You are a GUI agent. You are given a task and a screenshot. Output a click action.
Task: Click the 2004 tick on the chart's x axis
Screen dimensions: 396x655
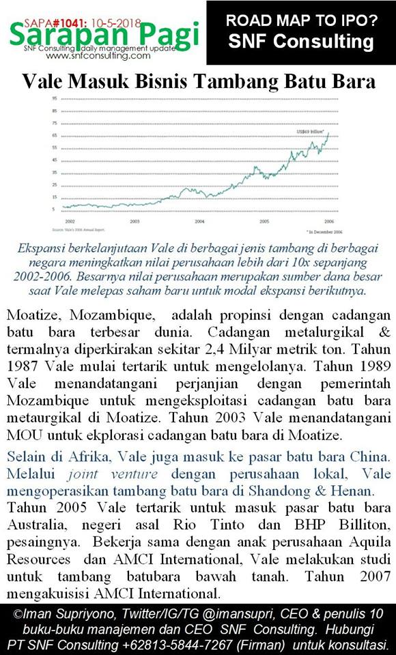(199, 222)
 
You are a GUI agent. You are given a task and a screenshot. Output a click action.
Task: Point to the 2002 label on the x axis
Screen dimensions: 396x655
(70, 222)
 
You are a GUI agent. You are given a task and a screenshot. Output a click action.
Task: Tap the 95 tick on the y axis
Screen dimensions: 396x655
(53, 99)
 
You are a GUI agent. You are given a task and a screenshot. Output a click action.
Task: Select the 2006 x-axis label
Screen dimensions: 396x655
(328, 222)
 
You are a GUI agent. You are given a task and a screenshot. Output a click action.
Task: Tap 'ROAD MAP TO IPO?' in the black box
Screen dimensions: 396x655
(301, 21)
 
